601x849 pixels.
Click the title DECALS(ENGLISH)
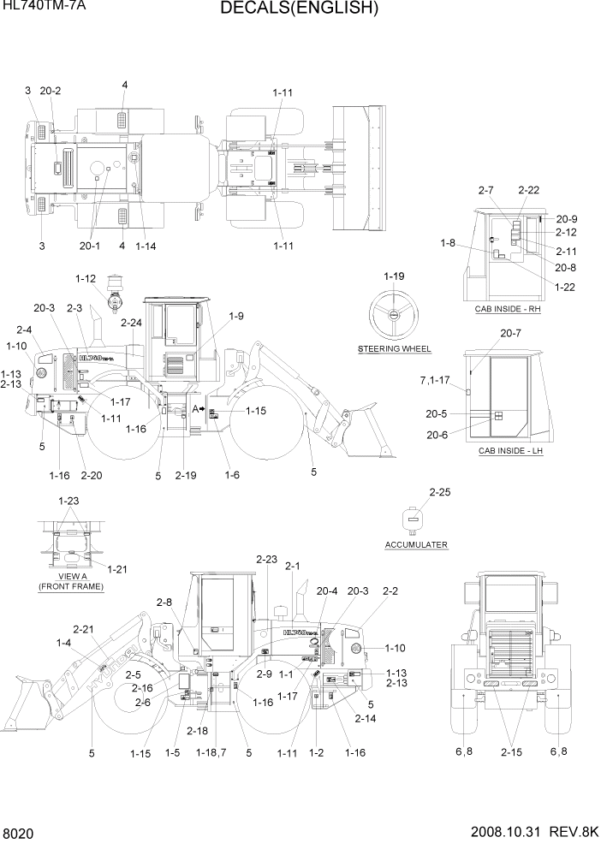(299, 9)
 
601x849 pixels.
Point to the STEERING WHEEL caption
(394, 349)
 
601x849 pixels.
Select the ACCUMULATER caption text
(416, 544)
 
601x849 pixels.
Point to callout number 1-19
(394, 276)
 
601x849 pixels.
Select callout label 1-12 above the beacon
(86, 278)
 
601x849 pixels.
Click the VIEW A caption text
(70, 577)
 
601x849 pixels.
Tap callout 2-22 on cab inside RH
(528, 190)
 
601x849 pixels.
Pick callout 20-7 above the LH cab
(511, 332)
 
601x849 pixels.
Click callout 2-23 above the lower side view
(266, 559)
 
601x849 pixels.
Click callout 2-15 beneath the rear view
(511, 751)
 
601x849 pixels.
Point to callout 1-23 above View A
(69, 501)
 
